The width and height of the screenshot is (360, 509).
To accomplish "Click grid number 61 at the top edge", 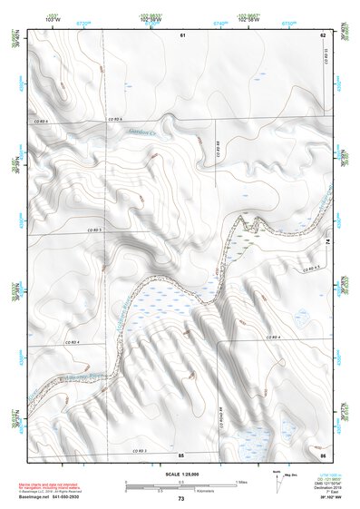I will coord(181,34).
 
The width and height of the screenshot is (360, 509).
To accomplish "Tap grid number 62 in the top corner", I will coord(322,34).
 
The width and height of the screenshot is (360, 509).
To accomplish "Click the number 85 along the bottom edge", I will coord(181,454).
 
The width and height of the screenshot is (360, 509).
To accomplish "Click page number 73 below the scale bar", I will coord(180,499).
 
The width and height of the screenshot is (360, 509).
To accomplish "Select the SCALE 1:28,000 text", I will coord(180,474).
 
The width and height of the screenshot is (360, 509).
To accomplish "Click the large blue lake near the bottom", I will coord(244,438).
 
